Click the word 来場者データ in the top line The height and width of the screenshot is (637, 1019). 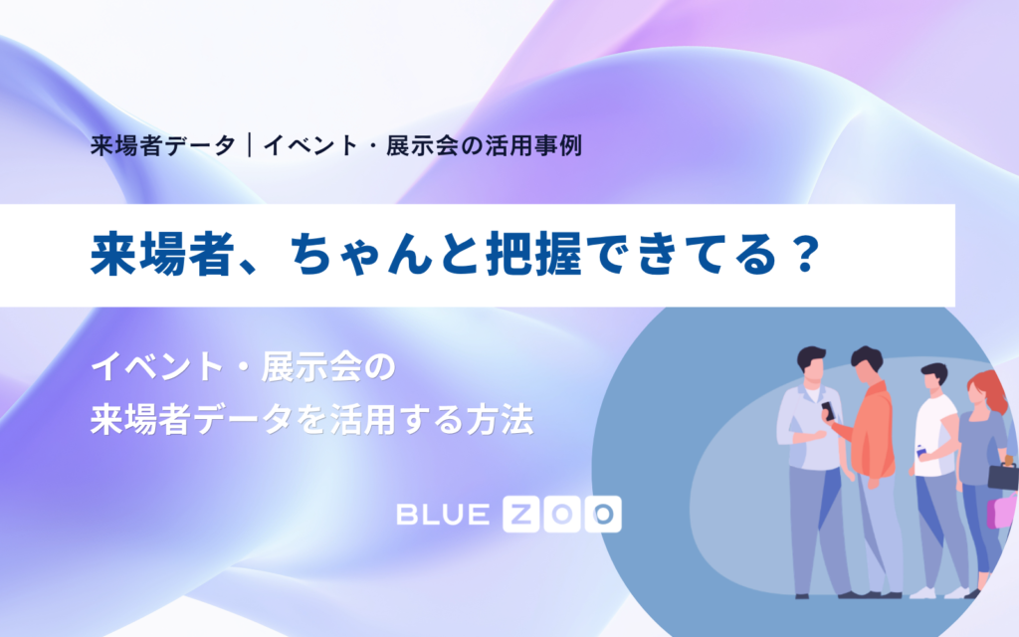163,145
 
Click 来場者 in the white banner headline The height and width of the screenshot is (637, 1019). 162,254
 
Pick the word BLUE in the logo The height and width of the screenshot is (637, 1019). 443,515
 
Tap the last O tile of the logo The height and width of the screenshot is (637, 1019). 603,515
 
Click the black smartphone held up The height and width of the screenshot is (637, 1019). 828,411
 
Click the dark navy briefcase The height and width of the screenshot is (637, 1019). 1003,476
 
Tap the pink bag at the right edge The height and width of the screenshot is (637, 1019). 1003,512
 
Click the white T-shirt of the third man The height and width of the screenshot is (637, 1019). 934,434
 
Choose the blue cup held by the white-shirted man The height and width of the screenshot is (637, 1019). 920,451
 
